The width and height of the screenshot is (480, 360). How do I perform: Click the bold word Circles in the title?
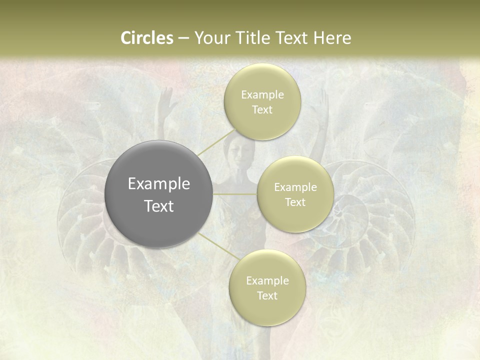[146, 38]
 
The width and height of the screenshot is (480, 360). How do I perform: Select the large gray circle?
[159, 194]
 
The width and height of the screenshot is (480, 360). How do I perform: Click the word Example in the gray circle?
[159, 184]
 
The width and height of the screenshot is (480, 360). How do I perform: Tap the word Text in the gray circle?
[159, 206]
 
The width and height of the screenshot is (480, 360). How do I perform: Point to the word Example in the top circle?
[262, 95]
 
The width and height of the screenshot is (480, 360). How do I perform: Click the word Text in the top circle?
[262, 110]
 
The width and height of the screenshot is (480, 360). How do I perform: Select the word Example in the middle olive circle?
[295, 187]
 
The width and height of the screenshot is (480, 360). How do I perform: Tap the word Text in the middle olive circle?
[295, 202]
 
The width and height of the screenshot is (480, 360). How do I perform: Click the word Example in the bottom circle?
[267, 281]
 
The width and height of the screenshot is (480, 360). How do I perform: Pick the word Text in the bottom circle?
[267, 296]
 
